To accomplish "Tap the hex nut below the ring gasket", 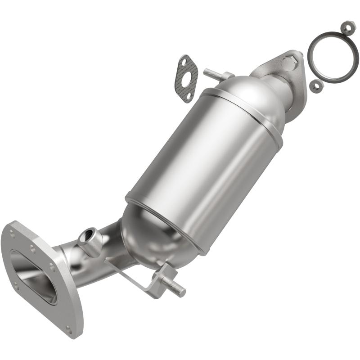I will [316, 86].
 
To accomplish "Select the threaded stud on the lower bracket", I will [175, 287].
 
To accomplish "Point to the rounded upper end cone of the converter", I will [252, 97].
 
